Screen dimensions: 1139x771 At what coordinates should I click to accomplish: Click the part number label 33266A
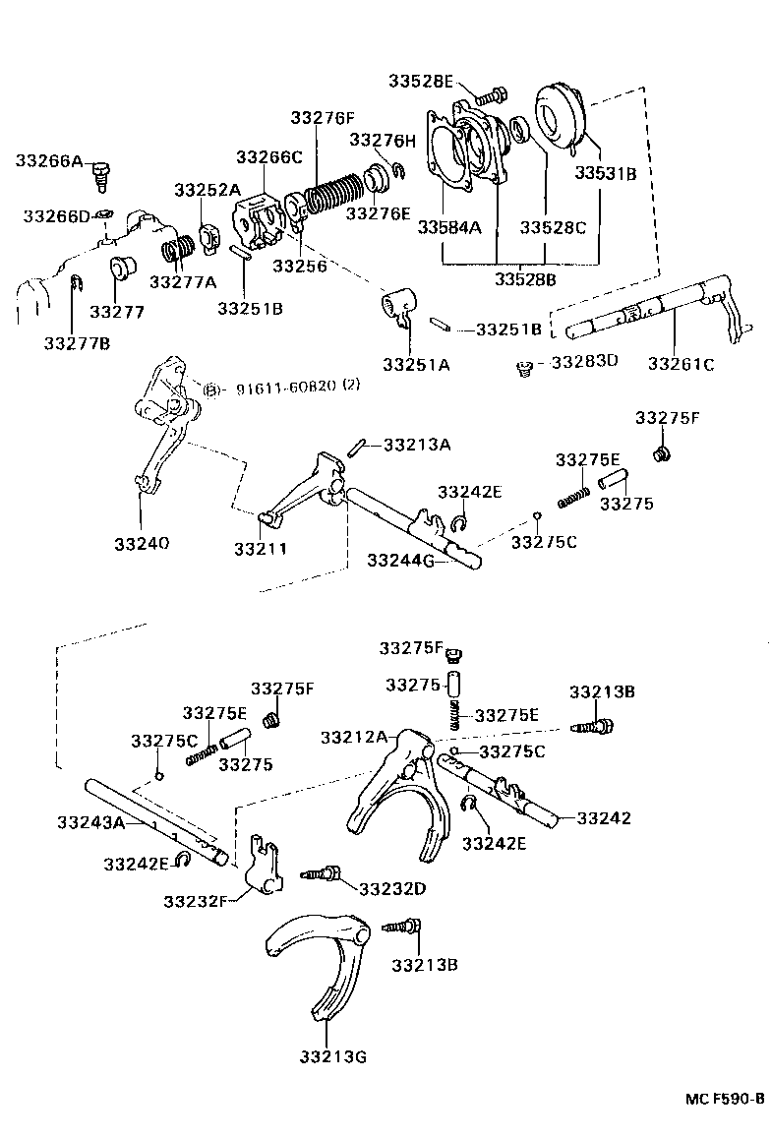pyautogui.click(x=48, y=160)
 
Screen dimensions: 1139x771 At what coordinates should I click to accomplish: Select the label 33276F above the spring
pyautogui.click(x=322, y=118)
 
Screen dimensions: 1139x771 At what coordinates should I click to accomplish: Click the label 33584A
pyautogui.click(x=448, y=227)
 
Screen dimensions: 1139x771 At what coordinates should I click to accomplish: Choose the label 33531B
pyautogui.click(x=606, y=174)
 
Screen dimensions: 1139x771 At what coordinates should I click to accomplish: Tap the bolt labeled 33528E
pyautogui.click(x=491, y=95)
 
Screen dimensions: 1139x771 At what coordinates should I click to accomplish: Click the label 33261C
pyautogui.click(x=681, y=364)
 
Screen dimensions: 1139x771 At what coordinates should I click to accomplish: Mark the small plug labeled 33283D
pyautogui.click(x=523, y=369)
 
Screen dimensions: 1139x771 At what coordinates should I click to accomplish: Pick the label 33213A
pyautogui.click(x=417, y=445)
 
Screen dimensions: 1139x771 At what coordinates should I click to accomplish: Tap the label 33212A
pyautogui.click(x=353, y=736)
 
